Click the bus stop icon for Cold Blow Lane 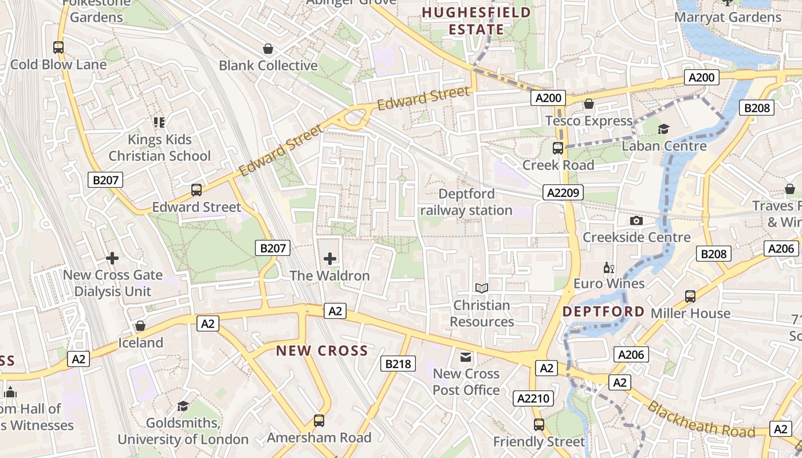[x=58, y=48]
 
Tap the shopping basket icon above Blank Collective [x=268, y=49]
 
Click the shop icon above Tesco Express [x=588, y=104]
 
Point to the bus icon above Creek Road [x=558, y=148]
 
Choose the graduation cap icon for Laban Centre [x=664, y=129]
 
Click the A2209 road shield [x=563, y=192]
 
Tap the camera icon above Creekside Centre [x=636, y=220]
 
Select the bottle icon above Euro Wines [x=608, y=267]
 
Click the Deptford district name [x=603, y=312]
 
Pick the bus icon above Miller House [x=690, y=297]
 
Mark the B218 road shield [x=398, y=364]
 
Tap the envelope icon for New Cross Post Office [x=466, y=357]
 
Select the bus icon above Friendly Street [x=539, y=425]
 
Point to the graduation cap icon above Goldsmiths [x=183, y=406]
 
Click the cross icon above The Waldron [x=330, y=259]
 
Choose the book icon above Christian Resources [x=482, y=288]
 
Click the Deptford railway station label [x=466, y=202]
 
